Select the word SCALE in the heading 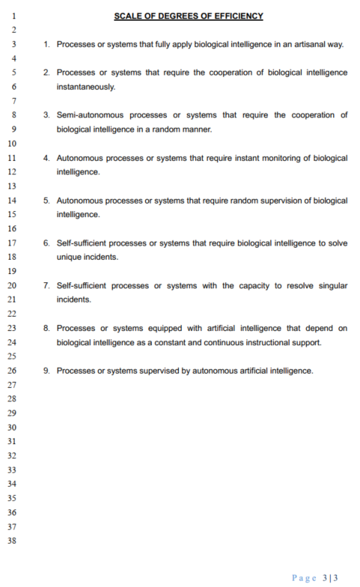pyautogui.click(x=127, y=16)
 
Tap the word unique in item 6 pyautogui.click(x=69, y=257)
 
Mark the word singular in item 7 pyautogui.click(x=331, y=286)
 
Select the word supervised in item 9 pyautogui.click(x=158, y=371)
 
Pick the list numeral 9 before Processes pyautogui.click(x=46, y=371)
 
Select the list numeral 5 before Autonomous pyautogui.click(x=46, y=201)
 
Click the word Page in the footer pyautogui.click(x=304, y=577)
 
